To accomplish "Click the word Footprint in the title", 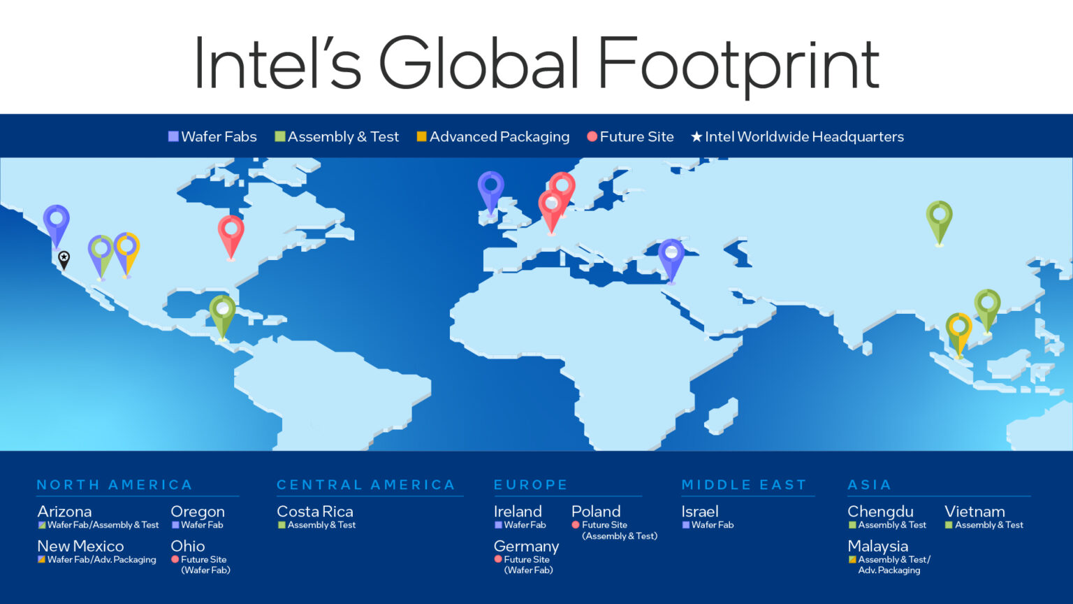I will (738, 65).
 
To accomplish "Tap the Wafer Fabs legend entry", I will (212, 137).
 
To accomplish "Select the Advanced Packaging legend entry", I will (493, 137).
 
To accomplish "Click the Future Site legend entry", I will (630, 137).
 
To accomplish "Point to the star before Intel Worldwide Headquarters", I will (696, 137).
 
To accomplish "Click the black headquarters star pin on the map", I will (64, 259).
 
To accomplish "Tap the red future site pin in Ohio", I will (231, 232).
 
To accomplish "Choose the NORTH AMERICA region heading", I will (115, 485).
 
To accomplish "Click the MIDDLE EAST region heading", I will (744, 485).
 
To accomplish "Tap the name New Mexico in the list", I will (80, 546).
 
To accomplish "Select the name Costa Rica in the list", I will (315, 512).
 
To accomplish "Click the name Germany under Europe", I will (526, 546).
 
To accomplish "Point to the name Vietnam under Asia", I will (975, 512).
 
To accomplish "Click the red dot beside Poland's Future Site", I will (576, 525).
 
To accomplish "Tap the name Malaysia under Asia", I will (877, 546).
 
